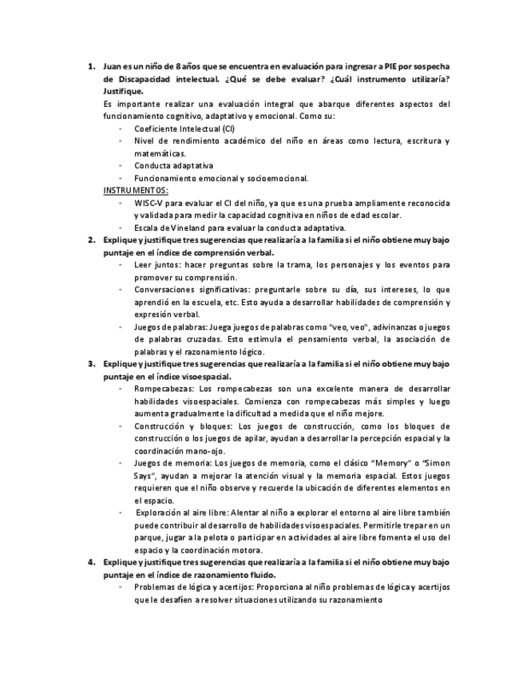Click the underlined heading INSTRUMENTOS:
click(x=136, y=191)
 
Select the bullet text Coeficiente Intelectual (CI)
click(x=184, y=129)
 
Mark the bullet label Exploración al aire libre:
click(x=188, y=512)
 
